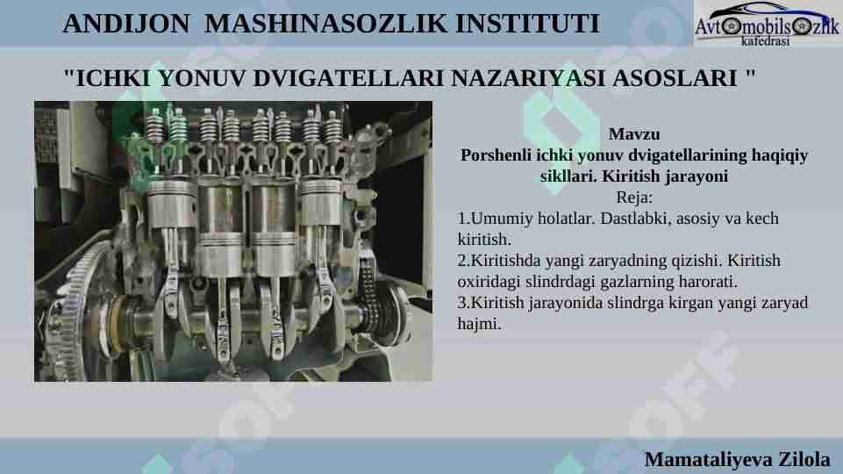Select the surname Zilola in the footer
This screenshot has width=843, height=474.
[804, 459]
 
